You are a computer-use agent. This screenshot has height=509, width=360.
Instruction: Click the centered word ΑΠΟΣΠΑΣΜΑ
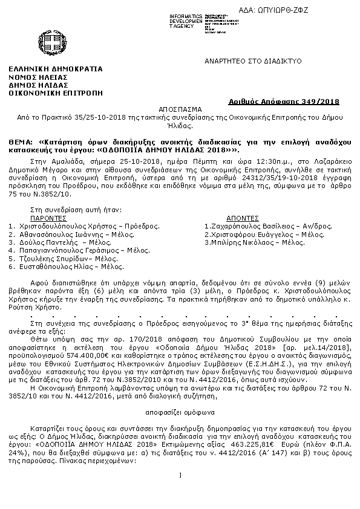pos(180,111)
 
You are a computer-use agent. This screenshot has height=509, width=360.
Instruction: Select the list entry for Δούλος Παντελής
pos(42,241)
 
